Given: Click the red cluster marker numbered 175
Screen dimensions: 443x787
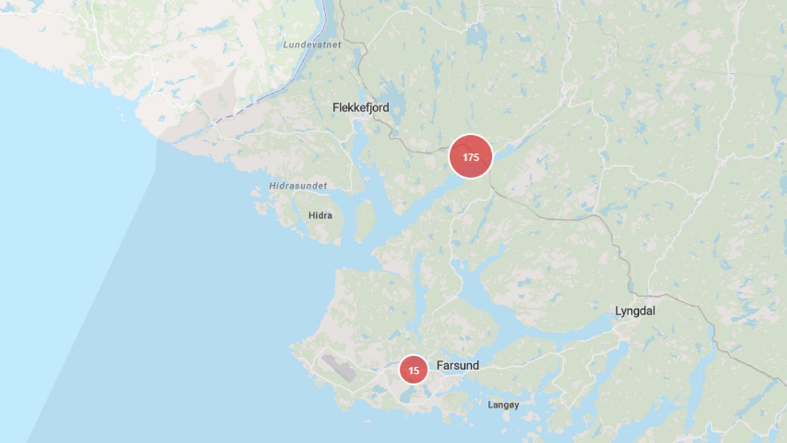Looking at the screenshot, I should (x=470, y=156).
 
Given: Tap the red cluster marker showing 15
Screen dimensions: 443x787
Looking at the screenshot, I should (x=414, y=370).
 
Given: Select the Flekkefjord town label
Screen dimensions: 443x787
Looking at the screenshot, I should (x=360, y=107).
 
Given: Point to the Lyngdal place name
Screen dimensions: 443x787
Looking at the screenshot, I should (x=635, y=311).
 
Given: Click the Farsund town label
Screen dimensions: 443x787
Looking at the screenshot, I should (x=457, y=365).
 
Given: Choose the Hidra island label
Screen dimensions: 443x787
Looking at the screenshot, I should (x=320, y=215).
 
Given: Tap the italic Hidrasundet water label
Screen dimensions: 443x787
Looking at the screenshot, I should (x=298, y=186).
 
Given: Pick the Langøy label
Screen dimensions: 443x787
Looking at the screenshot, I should (x=503, y=405).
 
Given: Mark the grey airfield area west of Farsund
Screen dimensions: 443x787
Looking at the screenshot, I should (x=338, y=368).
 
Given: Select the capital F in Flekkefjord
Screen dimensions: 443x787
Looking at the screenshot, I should (x=336, y=107).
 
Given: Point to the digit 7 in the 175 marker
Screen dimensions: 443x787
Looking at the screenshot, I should (x=470, y=157).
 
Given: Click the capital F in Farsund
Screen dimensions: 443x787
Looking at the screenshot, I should (x=439, y=365).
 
